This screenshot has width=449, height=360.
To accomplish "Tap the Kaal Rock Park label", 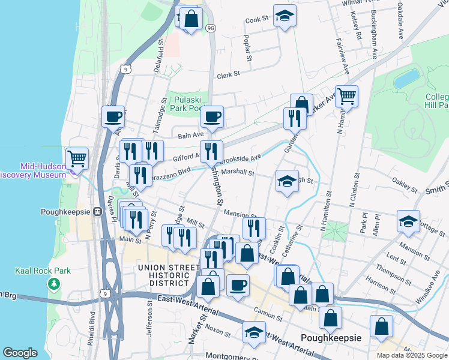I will click(43, 271).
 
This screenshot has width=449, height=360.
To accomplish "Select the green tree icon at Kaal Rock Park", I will click(55, 283).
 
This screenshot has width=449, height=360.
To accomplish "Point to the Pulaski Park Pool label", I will click(187, 104).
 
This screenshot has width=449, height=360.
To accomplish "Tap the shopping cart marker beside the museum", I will click(77, 159).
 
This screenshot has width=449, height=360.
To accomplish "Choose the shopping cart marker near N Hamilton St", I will click(347, 95).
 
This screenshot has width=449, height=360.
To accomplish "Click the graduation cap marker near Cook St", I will click(285, 16).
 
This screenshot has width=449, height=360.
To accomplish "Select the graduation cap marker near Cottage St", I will click(408, 221).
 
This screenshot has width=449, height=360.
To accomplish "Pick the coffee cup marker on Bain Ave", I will click(211, 117).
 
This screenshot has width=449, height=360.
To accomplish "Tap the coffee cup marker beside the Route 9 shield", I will click(113, 117).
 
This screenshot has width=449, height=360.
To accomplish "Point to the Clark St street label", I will click(228, 75).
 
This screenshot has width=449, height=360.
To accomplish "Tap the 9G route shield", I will click(210, 28).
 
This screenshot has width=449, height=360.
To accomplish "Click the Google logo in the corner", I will click(20, 353).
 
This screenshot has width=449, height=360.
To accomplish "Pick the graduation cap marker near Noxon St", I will click(254, 333).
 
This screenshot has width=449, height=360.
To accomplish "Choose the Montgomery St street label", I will click(231, 355).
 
